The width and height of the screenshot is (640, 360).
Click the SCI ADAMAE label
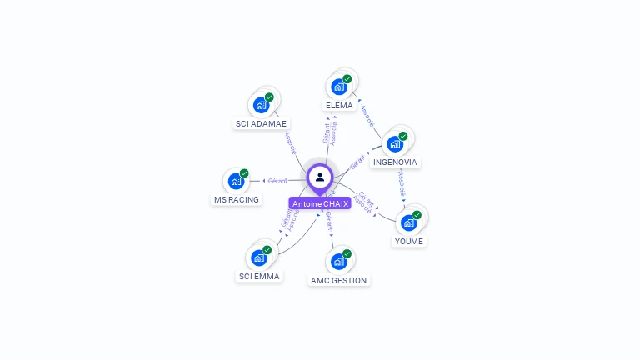tap(261, 123)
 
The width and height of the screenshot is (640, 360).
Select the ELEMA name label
tap(339, 106)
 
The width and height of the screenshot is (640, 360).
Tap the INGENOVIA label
tap(395, 162)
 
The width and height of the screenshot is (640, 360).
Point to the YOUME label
tap(408, 242)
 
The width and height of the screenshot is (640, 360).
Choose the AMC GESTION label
tap(338, 281)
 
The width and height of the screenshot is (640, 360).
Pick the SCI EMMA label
tap(259, 276)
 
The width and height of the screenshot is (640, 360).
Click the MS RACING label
tap(237, 200)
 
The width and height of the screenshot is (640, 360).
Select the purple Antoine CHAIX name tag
tap(320, 203)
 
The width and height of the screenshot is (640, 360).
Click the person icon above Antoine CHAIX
tap(320, 177)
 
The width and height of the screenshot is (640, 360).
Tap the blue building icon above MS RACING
tap(236, 181)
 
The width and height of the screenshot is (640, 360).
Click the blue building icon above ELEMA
tap(338, 87)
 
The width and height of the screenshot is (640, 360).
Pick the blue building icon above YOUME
tap(408, 222)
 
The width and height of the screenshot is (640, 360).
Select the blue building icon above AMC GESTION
tap(338, 262)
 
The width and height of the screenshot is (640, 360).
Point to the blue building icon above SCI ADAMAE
tap(261, 105)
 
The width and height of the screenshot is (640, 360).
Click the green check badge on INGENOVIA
tap(403, 136)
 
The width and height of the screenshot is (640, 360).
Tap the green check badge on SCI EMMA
tap(267, 250)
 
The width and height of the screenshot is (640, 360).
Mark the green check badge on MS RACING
tap(244, 173)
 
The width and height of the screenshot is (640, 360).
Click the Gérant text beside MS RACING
tap(277, 180)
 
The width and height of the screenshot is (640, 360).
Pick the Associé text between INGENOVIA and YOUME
tap(402, 185)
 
